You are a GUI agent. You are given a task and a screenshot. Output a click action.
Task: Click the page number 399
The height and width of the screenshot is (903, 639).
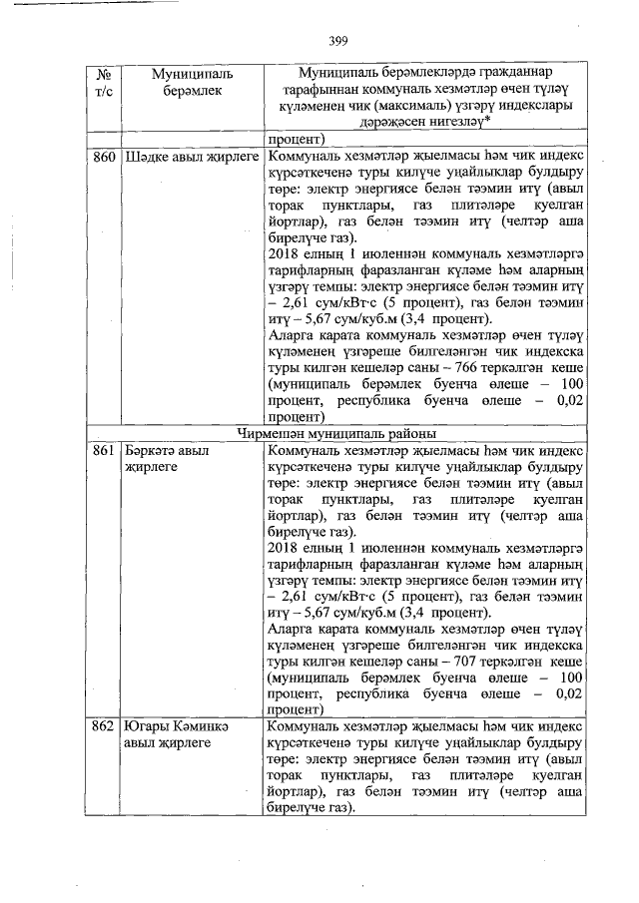pyautogui.click(x=336, y=40)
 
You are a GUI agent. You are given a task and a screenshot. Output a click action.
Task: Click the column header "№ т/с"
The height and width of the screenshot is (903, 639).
pyautogui.click(x=102, y=83)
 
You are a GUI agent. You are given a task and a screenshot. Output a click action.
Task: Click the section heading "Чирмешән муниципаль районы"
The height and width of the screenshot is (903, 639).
pyautogui.click(x=334, y=434)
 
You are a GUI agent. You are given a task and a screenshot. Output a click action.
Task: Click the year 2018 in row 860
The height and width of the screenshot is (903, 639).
pyautogui.click(x=287, y=254)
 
